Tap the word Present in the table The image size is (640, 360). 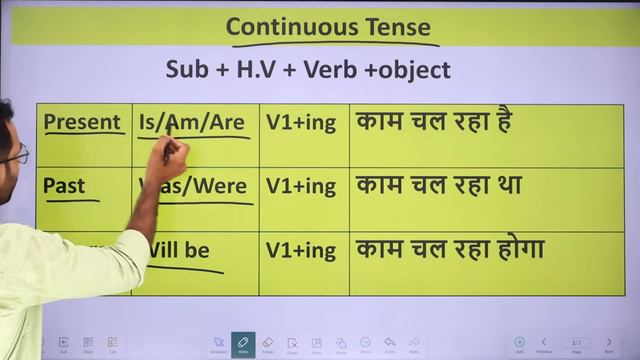click(82, 123)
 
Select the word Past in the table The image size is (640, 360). click(64, 186)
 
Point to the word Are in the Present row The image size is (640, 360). click(227, 123)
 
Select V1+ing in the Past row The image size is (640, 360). click(300, 187)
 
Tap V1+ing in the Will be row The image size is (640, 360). click(300, 251)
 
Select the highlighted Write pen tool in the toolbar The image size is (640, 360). click(241, 343)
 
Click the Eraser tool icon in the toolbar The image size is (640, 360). click(266, 343)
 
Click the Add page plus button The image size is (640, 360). click(519, 342)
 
